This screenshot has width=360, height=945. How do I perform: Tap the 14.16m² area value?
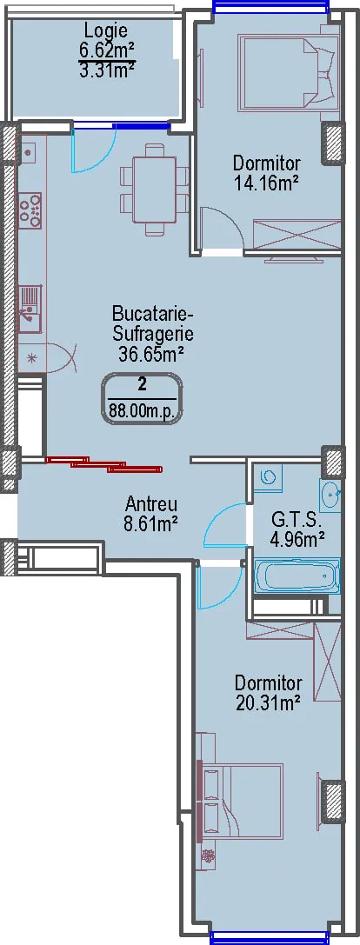[267, 182]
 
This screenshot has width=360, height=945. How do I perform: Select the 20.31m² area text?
[268, 702]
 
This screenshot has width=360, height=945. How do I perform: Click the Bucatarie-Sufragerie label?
[150, 324]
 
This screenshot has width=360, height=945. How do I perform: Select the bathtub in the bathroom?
[297, 576]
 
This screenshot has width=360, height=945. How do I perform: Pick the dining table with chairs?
[154, 189]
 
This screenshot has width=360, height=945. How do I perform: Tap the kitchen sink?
[30, 309]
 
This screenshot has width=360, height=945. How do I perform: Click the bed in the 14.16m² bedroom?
[288, 73]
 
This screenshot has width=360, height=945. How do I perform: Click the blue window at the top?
[271, 7]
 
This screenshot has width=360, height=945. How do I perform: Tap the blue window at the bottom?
[270, 938]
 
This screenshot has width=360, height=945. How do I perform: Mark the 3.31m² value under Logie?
[106, 70]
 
